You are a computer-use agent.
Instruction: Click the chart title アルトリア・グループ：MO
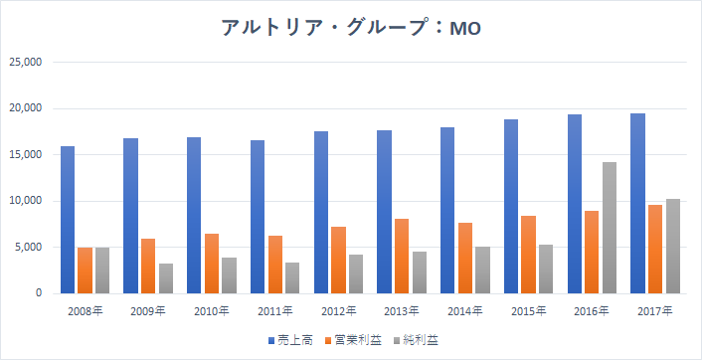pyautogui.click(x=351, y=28)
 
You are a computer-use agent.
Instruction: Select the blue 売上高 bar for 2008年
pyautogui.click(x=68, y=220)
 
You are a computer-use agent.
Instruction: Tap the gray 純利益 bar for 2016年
pyautogui.click(x=609, y=228)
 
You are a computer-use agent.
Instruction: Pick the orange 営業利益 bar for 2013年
pyautogui.click(x=401, y=257)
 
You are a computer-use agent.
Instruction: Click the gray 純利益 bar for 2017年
pyautogui.click(x=672, y=247)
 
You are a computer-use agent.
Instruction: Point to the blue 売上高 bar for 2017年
pyautogui.click(x=637, y=204)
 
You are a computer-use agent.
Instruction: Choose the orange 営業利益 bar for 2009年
pyautogui.click(x=148, y=267)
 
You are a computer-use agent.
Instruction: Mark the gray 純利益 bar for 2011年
pyautogui.click(x=292, y=278)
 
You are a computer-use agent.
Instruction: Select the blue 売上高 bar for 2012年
pyautogui.click(x=320, y=213)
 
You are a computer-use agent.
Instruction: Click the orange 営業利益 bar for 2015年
pyautogui.click(x=528, y=255)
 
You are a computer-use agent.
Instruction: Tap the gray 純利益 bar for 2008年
pyautogui.click(x=102, y=270)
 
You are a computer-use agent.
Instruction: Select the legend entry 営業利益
pyautogui.click(x=353, y=340)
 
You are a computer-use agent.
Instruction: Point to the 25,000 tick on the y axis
pyautogui.click(x=26, y=63)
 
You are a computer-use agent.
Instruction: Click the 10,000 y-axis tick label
pyautogui.click(x=26, y=201)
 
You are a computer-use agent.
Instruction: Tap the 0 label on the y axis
pyautogui.click(x=39, y=293)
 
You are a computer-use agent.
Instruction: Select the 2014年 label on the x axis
pyautogui.click(x=464, y=310)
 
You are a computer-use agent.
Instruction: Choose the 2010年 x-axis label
pyautogui.click(x=212, y=310)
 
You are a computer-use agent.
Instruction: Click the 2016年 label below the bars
pyautogui.click(x=592, y=310)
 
